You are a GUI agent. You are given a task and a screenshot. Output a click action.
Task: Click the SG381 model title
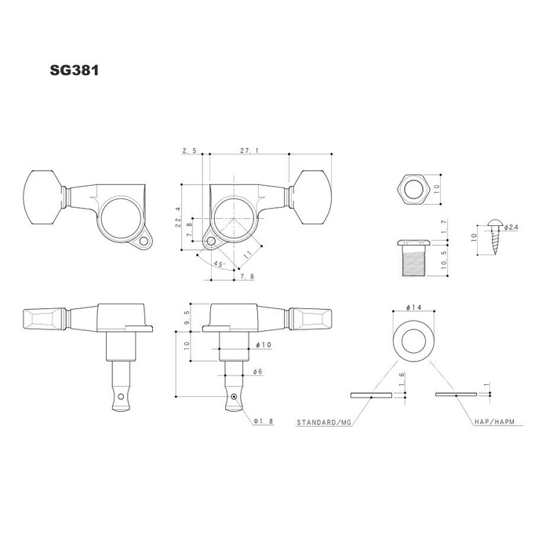point(75,70)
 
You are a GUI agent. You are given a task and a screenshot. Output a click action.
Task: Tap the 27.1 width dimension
point(249,151)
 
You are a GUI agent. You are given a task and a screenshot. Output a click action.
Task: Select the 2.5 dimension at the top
point(189,151)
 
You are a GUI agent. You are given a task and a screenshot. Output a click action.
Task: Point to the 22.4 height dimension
point(178,217)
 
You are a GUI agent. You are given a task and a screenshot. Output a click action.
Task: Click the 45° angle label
point(219,264)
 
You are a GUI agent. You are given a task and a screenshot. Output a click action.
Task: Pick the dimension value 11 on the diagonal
point(248,255)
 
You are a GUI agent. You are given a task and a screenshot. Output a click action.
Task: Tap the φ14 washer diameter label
point(414,307)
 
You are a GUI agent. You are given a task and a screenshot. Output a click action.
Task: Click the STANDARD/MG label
point(323,422)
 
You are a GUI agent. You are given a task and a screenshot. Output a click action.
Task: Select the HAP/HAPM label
point(494,422)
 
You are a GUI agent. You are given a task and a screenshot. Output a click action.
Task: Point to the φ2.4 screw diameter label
point(511,227)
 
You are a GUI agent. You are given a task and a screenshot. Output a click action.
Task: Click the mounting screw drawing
point(495,237)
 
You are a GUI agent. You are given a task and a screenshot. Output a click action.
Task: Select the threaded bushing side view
point(413,258)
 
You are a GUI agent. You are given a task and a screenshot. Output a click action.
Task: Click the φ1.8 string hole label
point(264,422)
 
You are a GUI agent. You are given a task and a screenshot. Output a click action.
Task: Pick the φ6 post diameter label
point(257,371)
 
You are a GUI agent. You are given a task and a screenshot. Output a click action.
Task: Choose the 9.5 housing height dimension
point(187,318)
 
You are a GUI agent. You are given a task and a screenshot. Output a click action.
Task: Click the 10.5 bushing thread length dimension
point(445,260)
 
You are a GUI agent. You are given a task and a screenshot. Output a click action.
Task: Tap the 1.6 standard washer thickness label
point(402,379)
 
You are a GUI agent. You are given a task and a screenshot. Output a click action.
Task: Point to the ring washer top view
point(413,340)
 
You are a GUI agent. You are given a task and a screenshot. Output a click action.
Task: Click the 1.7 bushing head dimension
point(444,226)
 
